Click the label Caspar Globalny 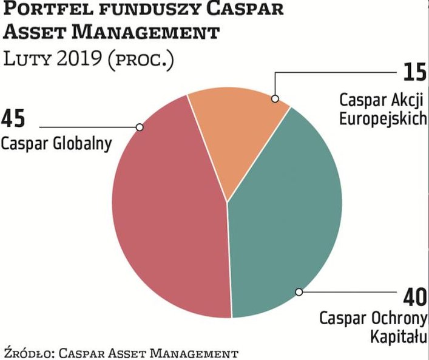click(56, 144)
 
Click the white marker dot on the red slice click(140, 127)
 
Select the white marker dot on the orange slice click(274, 98)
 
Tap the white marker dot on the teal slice click(299, 292)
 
